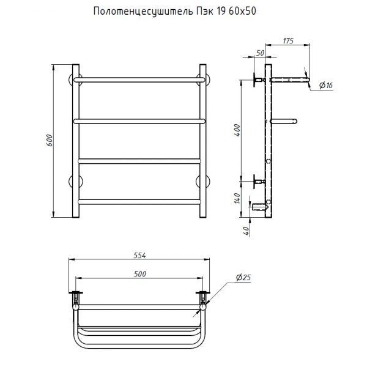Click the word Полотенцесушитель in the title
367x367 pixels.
coord(143,11)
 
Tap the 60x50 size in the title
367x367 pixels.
coord(242,11)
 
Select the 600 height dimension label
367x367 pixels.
coord(50,141)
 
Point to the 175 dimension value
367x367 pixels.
coord(288,41)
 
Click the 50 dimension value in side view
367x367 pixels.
coord(260,53)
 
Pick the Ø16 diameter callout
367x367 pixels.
coord(326,86)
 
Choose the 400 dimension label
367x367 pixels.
coord(237,130)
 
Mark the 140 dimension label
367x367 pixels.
coord(237,198)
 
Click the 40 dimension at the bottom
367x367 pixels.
coord(247,231)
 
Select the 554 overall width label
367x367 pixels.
coord(139,255)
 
